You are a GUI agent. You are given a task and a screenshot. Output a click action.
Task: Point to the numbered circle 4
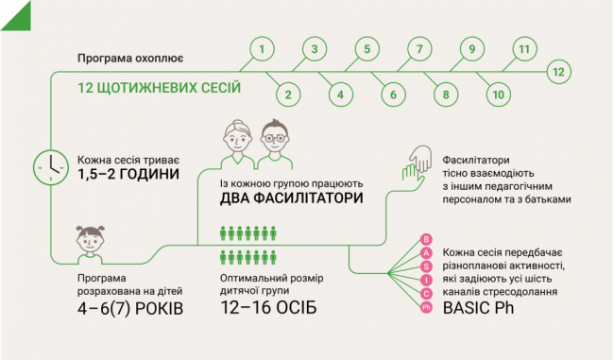pos(337,94)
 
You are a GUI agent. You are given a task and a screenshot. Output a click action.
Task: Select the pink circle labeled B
pos(426,240)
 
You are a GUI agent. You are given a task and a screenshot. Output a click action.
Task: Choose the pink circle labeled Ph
pos(426,307)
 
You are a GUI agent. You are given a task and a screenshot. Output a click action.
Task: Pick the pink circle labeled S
pos(426,267)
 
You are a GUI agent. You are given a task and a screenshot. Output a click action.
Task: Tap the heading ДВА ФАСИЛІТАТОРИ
pos(294,197)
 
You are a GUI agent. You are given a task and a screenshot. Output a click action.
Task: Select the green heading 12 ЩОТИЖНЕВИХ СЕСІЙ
pos(160,88)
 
